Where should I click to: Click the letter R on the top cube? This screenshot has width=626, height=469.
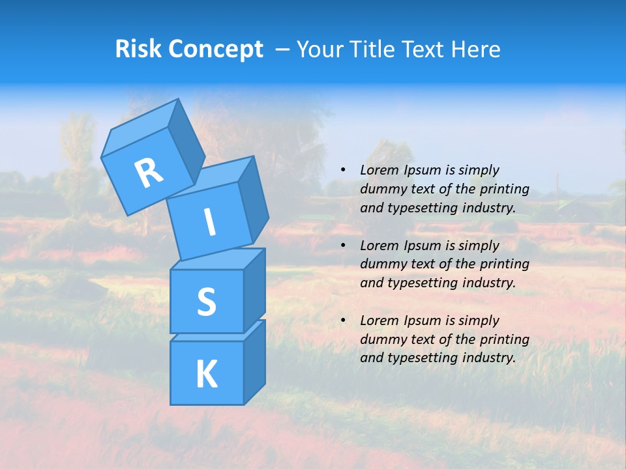[149, 173]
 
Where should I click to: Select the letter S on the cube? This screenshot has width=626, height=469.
[206, 302]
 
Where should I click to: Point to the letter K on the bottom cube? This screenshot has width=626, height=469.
[206, 375]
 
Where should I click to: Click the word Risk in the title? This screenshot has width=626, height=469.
[139, 49]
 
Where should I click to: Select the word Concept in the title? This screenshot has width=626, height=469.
[215, 50]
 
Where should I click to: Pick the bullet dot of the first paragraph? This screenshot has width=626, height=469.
[343, 170]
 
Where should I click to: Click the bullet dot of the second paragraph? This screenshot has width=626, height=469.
[343, 246]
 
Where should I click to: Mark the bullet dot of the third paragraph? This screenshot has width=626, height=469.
[343, 320]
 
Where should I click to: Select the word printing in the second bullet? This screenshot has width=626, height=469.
[504, 264]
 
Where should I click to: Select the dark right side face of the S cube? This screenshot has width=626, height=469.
[254, 290]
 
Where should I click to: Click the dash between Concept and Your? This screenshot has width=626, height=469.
[283, 50]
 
